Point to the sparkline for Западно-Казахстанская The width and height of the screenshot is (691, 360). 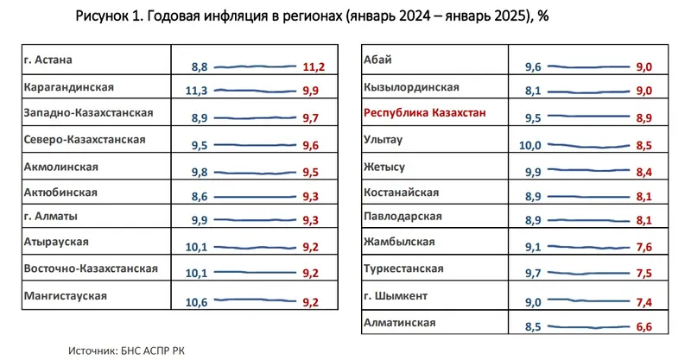tap(255, 117)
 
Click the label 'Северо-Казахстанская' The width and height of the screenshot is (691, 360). tap(85, 139)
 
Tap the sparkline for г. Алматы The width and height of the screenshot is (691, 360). tap(255, 221)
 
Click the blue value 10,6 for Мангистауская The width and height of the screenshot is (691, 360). tap(197, 302)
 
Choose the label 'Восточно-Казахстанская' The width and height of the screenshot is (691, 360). tap(91, 268)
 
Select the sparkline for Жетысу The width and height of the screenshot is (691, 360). tap(587, 170)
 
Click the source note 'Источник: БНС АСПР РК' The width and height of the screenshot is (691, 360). tap(126, 350)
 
